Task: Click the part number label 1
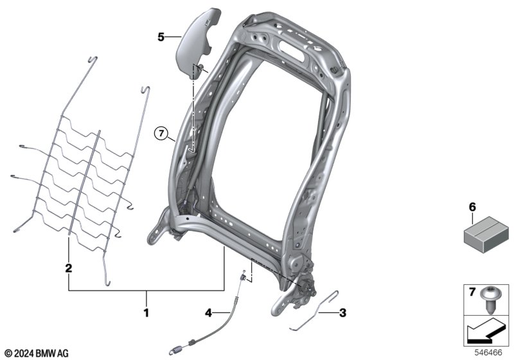coord(146,313)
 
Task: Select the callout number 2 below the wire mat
coord(69,268)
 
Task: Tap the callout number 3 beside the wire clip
coord(342,313)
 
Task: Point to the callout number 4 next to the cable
coord(208,313)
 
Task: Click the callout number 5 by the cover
coord(161,37)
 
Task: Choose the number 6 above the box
coord(472,207)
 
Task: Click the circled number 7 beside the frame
coord(161,134)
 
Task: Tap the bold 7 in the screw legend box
coord(472,291)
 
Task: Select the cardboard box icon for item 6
coord(486,234)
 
